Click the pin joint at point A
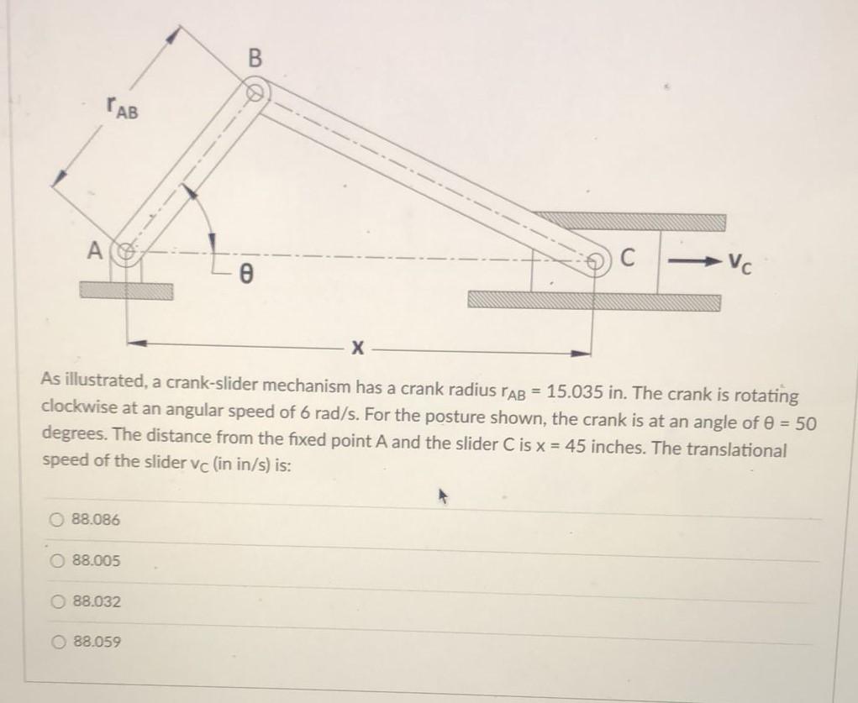tap(129, 251)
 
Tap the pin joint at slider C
tap(596, 260)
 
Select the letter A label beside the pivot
tap(97, 249)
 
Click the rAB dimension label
tap(123, 108)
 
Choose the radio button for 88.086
tap(56, 520)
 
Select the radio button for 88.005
tap(56, 560)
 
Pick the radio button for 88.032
tap(56, 601)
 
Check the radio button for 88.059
tap(56, 643)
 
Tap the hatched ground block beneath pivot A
tap(126, 291)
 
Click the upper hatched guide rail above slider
tap(631, 221)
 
